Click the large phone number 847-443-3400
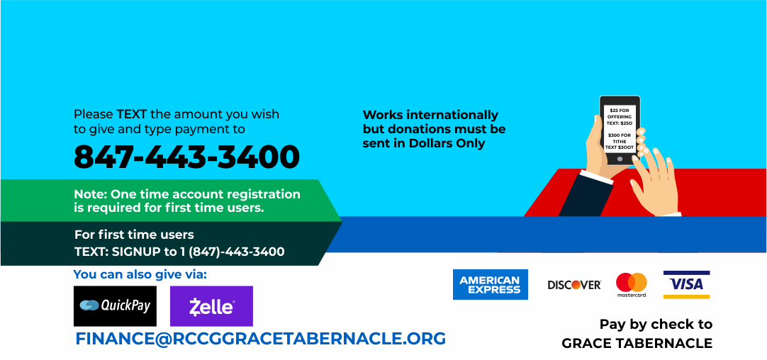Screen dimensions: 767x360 186,157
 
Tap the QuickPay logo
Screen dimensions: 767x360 115,306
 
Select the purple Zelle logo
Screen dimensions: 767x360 211,306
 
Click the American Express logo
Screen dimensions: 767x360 490,284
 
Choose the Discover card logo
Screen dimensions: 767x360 573,285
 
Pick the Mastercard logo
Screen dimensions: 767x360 632,285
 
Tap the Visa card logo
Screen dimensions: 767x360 686,284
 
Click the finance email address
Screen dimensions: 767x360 260,339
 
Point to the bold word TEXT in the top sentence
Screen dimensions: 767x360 132,115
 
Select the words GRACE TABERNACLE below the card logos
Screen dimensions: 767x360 637,344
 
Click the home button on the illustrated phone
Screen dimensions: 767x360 620,159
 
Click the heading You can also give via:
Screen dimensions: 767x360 140,275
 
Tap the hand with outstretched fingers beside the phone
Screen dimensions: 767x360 655,183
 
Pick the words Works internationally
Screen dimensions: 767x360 430,116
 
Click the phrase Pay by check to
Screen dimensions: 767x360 656,325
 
